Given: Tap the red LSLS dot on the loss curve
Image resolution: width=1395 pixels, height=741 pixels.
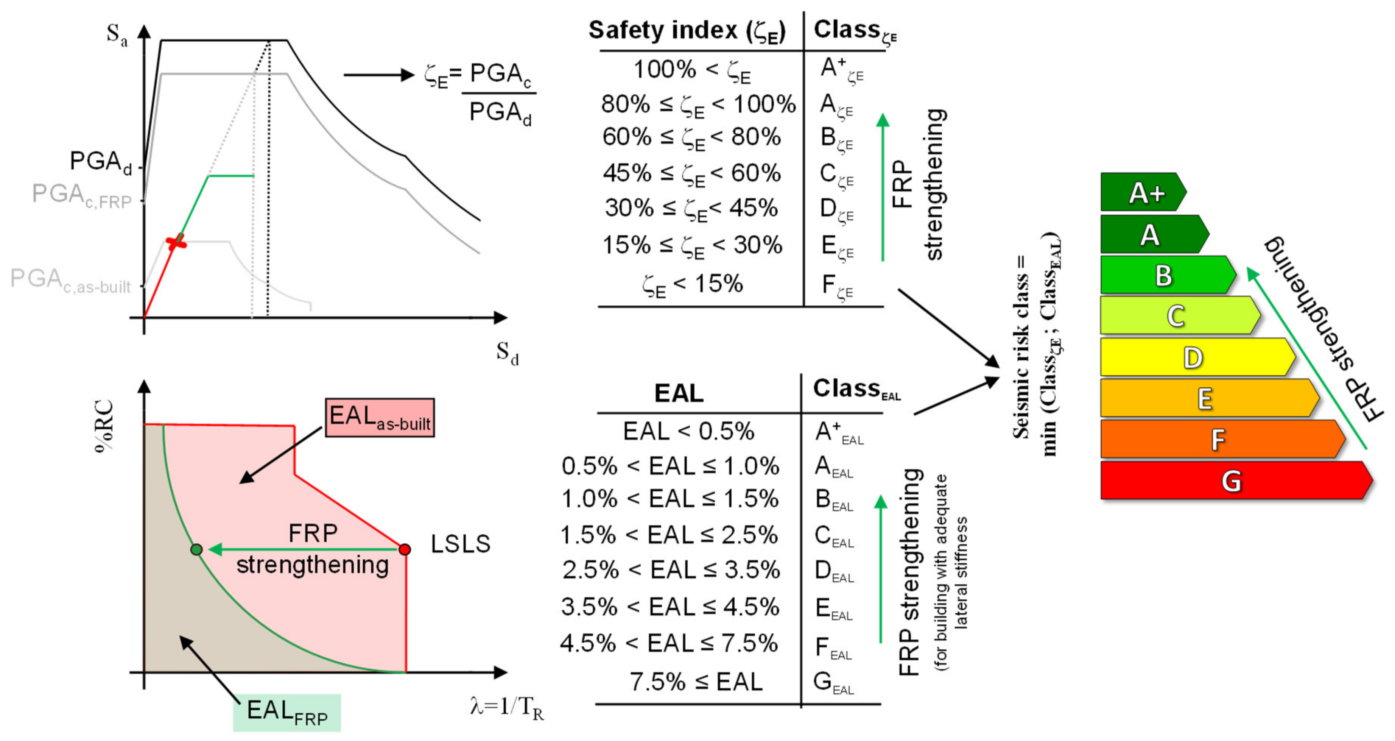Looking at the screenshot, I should pos(405,549).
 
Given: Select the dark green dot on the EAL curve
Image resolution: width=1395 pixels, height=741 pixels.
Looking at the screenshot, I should pos(196,549).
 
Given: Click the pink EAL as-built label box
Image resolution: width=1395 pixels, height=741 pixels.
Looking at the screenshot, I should pos(380,418).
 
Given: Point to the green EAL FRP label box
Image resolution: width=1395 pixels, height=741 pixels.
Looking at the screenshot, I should pos(287,712).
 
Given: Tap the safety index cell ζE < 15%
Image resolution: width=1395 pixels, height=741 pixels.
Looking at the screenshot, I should pos(692,284).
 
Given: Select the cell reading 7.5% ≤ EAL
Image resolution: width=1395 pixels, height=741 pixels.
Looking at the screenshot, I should pos(696,682).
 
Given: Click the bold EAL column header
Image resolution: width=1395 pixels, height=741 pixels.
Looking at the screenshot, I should pos(679,393).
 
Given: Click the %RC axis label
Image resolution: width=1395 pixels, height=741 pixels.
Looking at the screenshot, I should pos(104,426).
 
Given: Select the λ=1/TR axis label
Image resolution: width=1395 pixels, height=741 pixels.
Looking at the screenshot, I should pos(507,707).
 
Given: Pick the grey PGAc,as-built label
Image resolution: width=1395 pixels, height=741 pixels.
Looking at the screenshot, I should pos(70,280).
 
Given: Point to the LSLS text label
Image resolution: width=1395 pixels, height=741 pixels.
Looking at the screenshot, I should pos(460,544).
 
